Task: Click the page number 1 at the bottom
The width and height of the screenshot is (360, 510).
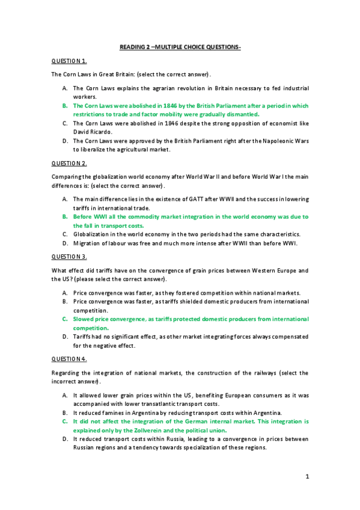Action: [x=307, y=477]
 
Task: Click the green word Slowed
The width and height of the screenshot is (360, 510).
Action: [x=84, y=319]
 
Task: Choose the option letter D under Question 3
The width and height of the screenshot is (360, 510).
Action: [x=64, y=337]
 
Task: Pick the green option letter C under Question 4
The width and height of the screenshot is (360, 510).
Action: [x=64, y=422]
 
